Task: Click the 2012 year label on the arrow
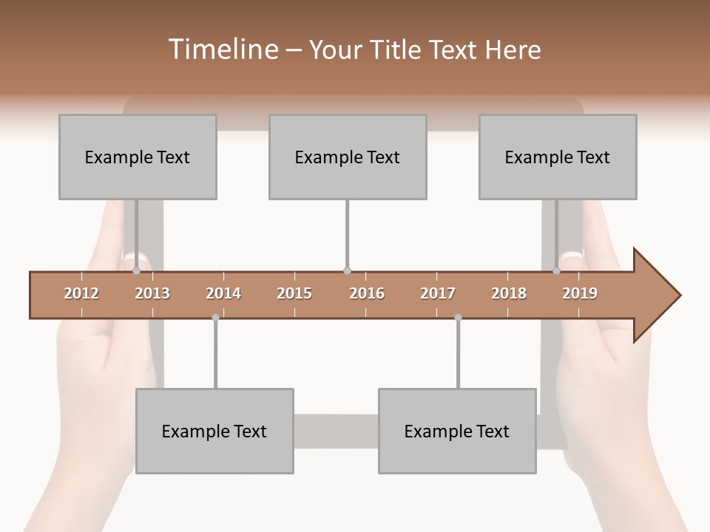point(81,293)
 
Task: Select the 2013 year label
point(152,293)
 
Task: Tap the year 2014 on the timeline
point(223,293)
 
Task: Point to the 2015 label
point(294,293)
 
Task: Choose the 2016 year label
point(367,293)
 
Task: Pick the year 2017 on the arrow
point(438,293)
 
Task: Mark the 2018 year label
point(509,293)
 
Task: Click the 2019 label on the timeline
point(580,293)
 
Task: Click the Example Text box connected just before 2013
point(138,157)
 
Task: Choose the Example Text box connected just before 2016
point(348,157)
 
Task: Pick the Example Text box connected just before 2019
point(558,157)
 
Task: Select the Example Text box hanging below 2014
point(214,431)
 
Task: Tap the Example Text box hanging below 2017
point(457,431)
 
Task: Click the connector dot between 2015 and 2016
point(348,271)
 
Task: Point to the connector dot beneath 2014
point(215,318)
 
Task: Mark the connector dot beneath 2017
point(458,318)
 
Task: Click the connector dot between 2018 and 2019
point(557,271)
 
